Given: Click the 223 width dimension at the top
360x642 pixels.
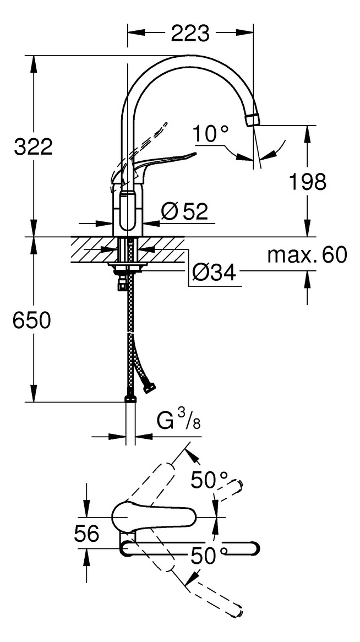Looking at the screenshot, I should point(190,34).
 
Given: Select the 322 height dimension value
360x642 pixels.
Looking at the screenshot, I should point(33,147).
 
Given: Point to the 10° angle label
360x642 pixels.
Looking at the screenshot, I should point(210,133).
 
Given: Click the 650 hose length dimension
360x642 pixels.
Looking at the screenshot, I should point(32,320).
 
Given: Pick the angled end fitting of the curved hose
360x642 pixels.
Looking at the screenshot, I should point(149,389).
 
